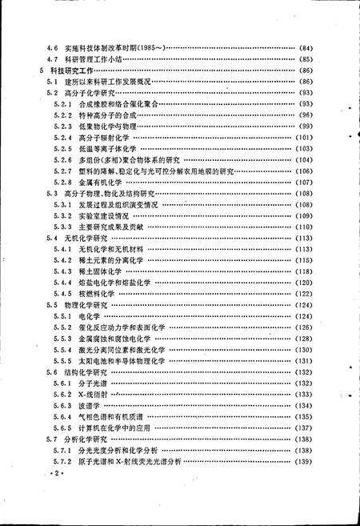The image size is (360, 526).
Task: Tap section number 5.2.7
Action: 64,171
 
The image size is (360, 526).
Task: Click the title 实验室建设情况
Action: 102,216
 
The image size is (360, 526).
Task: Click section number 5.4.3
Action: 64,272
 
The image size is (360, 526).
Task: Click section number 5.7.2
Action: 64,462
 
